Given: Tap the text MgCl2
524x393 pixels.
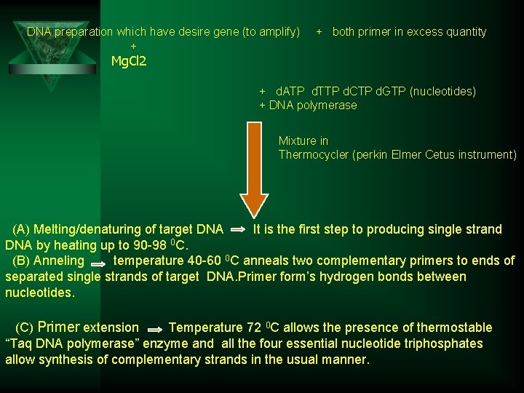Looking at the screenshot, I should (x=129, y=61).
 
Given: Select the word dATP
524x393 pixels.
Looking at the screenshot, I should (x=291, y=91).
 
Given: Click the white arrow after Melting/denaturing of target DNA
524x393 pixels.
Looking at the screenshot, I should (x=238, y=230).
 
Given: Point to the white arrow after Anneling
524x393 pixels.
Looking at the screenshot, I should (x=99, y=261).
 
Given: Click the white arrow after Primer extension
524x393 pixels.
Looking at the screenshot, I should (x=154, y=329).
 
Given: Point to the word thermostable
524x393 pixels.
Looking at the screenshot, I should (x=456, y=327).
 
